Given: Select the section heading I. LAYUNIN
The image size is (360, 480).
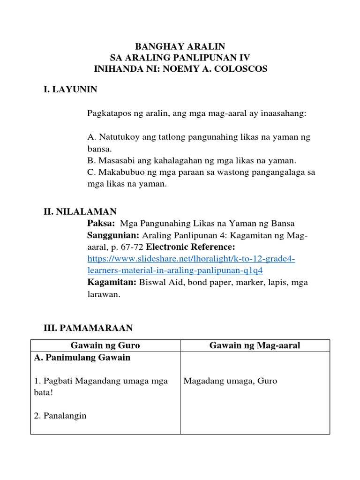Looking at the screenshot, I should point(70,89).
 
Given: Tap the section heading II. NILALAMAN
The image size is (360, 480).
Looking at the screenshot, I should point(80,212).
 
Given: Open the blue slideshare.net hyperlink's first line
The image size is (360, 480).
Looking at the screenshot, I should point(191,259).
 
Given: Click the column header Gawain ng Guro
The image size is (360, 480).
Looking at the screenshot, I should point(105,345).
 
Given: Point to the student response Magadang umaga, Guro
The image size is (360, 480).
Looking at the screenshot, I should point(230,381).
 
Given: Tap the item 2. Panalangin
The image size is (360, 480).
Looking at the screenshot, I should point(60,416).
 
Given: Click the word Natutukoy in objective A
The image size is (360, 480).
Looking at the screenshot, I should point(115,137).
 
